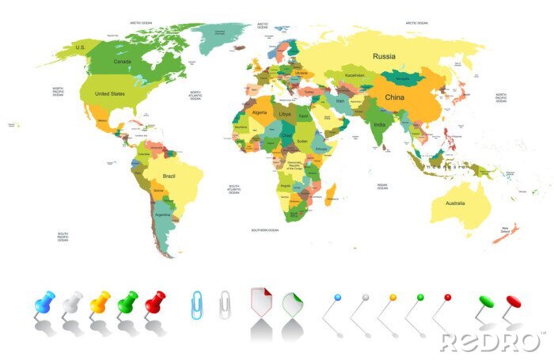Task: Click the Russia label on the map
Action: [384, 56]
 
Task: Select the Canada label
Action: [123, 61]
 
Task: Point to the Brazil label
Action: [169, 176]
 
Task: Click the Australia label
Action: [454, 203]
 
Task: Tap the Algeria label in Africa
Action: [260, 112]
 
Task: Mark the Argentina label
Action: [163, 214]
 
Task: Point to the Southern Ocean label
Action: [265, 230]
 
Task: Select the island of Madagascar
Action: [330, 192]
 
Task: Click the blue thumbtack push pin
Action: [44, 301]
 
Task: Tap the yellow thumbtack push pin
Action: [100, 301]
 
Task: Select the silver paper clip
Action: [226, 303]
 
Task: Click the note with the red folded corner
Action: [261, 301]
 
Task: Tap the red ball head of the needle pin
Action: [447, 297]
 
